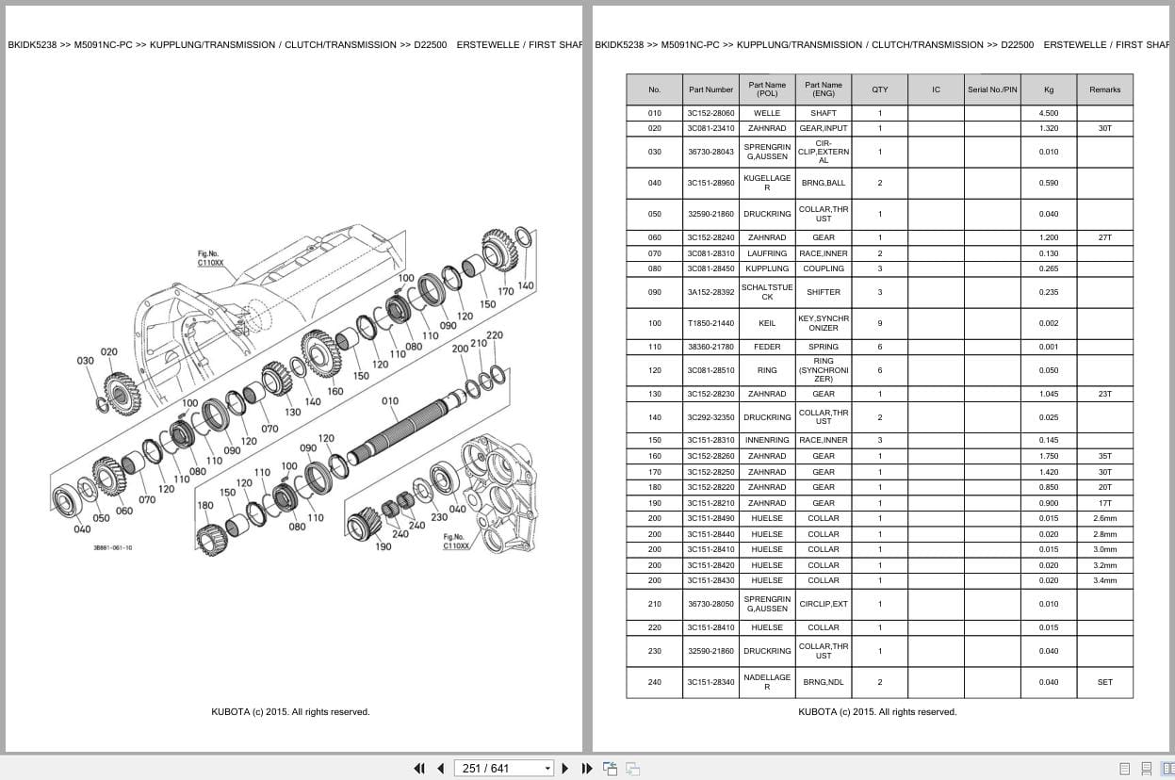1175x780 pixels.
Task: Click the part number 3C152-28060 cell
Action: click(710, 113)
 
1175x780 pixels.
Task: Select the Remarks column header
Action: click(1104, 89)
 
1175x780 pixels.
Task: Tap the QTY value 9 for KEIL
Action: click(880, 323)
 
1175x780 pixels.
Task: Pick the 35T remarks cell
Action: click(1104, 456)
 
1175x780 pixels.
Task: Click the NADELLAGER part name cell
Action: click(767, 682)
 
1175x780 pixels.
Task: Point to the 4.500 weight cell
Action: click(1049, 113)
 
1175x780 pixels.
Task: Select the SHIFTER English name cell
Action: click(824, 292)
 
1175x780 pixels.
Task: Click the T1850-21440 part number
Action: click(710, 323)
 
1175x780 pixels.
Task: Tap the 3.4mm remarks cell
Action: click(1104, 580)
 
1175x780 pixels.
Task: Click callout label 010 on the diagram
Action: click(390, 401)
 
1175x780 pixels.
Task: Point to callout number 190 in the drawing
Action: click(383, 546)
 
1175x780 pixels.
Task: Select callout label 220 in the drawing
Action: click(495, 335)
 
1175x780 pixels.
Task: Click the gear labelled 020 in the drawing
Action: click(122, 395)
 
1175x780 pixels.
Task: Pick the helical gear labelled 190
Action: click(363, 525)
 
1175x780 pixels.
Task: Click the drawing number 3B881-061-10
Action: click(113, 547)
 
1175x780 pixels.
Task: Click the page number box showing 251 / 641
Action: click(503, 769)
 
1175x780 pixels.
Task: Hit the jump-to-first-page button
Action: click(419, 769)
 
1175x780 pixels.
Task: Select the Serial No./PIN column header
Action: click(992, 89)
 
